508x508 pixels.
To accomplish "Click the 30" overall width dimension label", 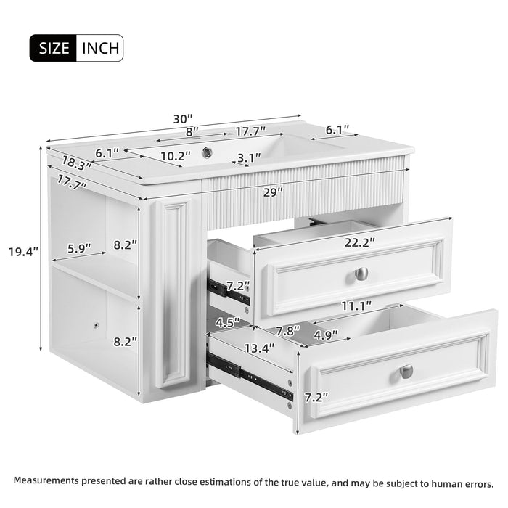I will pos(183,118).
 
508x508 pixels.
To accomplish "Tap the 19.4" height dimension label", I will pos(23,252).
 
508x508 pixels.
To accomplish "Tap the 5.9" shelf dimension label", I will pos(78,248).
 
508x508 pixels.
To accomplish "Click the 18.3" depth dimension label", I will pos(76,164).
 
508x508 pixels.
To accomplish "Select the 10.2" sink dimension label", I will pos(175,155).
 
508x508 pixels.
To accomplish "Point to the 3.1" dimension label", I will pos(249,157).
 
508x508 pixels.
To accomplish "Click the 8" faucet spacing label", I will pos(192,132).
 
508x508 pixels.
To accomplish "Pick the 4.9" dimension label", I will pos(324,335).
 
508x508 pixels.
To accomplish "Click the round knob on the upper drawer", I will pos(361,274).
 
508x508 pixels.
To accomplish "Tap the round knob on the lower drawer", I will pos(406,371).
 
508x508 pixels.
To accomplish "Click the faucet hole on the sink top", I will pos(208,152).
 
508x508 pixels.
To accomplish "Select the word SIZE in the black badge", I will pos(53,49).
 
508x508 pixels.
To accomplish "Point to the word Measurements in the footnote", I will pos(45,481).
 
